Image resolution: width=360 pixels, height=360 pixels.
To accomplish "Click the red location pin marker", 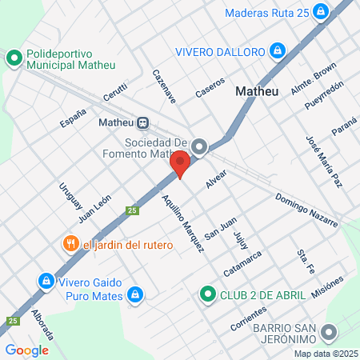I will coord(180,164).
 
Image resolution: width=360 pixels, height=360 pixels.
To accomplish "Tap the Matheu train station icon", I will coord(142,122).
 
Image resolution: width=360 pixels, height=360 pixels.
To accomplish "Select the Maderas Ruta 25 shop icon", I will coord(321,12).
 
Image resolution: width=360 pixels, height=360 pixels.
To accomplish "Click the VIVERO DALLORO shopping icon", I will coord(278,51).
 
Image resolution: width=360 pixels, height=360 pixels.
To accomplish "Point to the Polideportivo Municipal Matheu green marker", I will coord(14,58).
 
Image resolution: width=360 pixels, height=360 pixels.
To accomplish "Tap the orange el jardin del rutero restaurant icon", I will coord(70,244).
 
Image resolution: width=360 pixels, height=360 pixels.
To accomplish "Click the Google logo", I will coord(26,350).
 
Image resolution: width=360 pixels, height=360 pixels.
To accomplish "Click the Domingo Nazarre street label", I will coord(307,209).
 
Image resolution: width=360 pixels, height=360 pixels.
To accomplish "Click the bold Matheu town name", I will coord(257,91).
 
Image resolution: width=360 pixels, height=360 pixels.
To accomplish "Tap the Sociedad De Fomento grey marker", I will coord(200,146).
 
